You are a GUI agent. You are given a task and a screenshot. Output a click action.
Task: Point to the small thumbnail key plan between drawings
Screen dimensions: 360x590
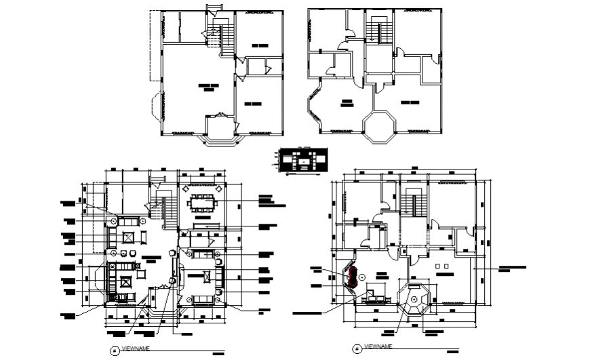pyautogui.click(x=302, y=161)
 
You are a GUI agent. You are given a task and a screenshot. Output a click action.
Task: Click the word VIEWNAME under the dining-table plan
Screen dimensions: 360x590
pyautogui.click(x=135, y=348)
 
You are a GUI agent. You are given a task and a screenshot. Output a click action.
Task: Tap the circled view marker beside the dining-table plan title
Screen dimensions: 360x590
pyautogui.click(x=113, y=350)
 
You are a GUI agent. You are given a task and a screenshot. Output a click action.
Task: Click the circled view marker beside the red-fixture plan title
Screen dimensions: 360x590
pyautogui.click(x=357, y=349)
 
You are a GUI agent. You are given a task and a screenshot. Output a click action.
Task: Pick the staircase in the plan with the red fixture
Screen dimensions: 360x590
pyautogui.click(x=413, y=204)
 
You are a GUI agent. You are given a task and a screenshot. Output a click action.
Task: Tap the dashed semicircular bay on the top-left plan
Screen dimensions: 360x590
pyautogui.click(x=155, y=106)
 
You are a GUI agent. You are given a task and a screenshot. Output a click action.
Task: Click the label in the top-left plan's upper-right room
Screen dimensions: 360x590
pyautogui.click(x=260, y=45)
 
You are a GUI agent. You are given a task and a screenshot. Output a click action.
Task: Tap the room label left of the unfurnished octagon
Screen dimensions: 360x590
pyautogui.click(x=347, y=103)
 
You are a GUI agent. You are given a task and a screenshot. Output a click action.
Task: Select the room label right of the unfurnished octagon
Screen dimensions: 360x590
pyautogui.click(x=408, y=103)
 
